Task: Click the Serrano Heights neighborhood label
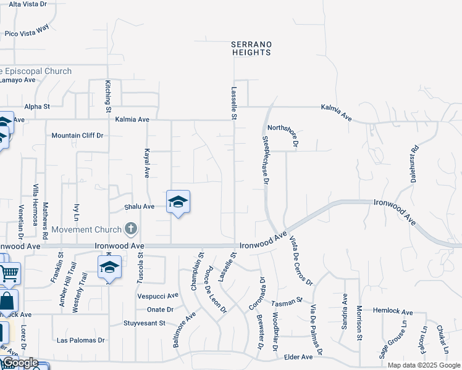(x=251, y=48)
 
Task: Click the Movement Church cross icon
(x=130, y=229)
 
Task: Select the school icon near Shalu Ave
(x=178, y=202)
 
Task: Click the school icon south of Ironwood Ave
(x=109, y=267)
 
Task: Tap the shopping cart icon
(x=9, y=272)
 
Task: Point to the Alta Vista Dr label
(x=24, y=4)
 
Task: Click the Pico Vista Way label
(x=27, y=31)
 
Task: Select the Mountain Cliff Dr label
(x=77, y=136)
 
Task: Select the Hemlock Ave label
(x=393, y=312)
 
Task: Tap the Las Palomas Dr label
(x=80, y=340)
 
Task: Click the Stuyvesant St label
(x=145, y=323)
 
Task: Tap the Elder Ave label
(x=298, y=356)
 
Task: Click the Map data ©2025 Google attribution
(x=424, y=365)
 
